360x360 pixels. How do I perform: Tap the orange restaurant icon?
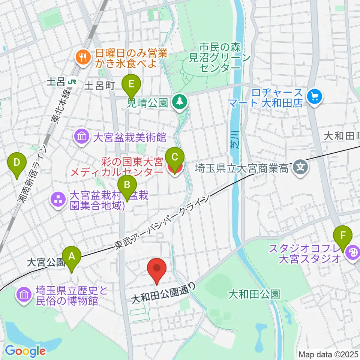tap(81, 57)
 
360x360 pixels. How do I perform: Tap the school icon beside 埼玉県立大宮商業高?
tap(301, 165)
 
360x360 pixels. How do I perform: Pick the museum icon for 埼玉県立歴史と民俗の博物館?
tap(24, 295)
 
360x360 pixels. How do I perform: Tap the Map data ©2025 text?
tap(328, 354)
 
